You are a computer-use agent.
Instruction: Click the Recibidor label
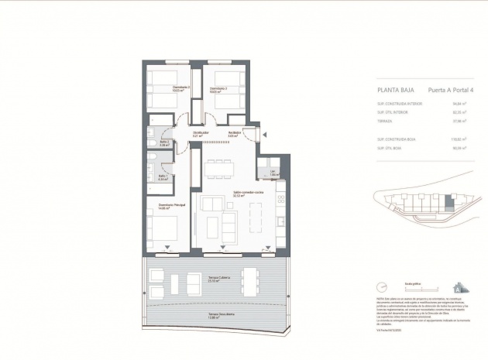(x=233, y=134)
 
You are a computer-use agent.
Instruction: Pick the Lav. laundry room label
(x=273, y=173)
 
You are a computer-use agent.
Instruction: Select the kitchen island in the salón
(x=256, y=209)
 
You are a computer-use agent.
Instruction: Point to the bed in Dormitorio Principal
(x=164, y=229)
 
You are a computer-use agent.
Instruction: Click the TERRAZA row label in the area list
(x=385, y=121)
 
